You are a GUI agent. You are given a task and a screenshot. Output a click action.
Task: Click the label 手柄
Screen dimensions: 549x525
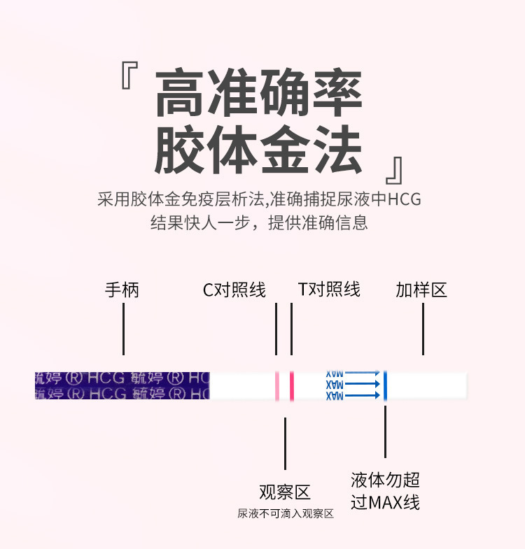(x=122, y=290)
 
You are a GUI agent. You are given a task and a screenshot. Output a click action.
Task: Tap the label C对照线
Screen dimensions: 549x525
(x=234, y=290)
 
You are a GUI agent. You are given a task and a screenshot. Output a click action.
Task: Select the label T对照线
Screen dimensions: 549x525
(x=329, y=290)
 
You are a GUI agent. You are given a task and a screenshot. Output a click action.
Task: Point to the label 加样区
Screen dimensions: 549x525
(x=421, y=290)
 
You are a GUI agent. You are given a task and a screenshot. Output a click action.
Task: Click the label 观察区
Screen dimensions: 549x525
(x=285, y=492)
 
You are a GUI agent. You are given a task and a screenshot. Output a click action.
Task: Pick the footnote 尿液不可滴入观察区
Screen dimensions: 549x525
(x=285, y=514)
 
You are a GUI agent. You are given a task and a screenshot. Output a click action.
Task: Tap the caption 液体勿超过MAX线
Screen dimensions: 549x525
(x=385, y=491)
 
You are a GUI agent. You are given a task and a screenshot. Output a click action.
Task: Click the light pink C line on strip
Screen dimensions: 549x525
(x=277, y=385)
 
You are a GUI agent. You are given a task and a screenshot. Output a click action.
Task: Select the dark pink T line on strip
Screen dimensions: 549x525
(x=291, y=385)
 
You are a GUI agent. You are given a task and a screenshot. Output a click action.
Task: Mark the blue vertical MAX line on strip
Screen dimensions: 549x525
(x=385, y=385)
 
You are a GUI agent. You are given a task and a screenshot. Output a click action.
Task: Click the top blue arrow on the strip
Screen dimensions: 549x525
(x=363, y=373)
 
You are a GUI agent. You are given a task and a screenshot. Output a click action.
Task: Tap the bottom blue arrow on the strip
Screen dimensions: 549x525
(x=363, y=396)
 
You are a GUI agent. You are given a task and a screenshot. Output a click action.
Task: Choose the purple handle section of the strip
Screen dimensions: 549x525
(x=122, y=385)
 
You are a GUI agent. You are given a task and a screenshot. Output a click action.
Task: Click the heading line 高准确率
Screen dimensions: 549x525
(x=259, y=94)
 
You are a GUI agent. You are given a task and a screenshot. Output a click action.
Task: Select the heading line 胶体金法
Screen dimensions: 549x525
(x=259, y=149)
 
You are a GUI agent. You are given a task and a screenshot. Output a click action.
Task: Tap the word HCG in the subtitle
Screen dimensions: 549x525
(x=405, y=199)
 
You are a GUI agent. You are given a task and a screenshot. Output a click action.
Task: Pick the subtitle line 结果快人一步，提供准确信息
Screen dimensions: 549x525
(x=259, y=224)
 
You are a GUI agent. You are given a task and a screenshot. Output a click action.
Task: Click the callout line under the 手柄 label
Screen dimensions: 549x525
(x=123, y=329)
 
